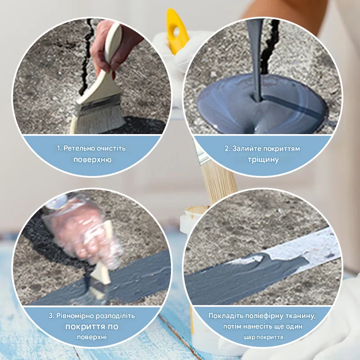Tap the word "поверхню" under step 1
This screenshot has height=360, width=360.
(x=92, y=160)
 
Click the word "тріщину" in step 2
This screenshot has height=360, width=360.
(x=263, y=159)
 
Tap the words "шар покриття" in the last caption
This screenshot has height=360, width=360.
(x=263, y=337)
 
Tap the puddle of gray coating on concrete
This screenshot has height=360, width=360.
(x=262, y=105)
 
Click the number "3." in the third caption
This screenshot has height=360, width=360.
(x=51, y=316)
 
